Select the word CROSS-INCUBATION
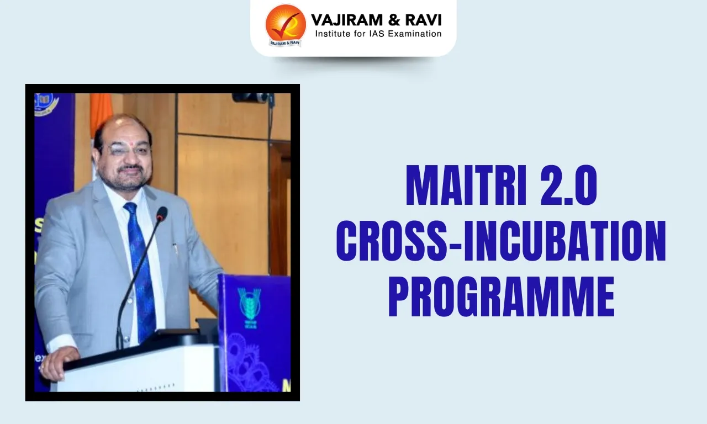click(x=501, y=242)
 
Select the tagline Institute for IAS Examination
click(x=378, y=34)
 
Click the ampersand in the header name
click(x=387, y=20)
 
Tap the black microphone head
click(x=161, y=214)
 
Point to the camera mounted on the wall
click(x=251, y=98)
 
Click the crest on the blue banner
click(x=46, y=104)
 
